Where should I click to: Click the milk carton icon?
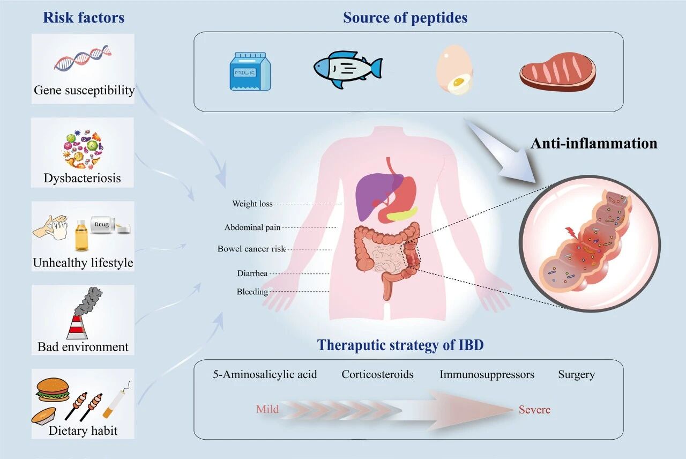(x=250, y=71)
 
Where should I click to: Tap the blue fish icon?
(x=347, y=69)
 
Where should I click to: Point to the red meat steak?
(x=557, y=70)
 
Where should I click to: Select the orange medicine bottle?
(x=81, y=235)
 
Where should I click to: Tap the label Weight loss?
(x=252, y=204)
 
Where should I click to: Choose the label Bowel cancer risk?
(x=251, y=249)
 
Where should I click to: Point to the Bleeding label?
(x=252, y=292)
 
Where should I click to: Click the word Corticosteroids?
(x=377, y=374)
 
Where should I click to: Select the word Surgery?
(x=576, y=374)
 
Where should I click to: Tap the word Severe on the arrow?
(x=534, y=410)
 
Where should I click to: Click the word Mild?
(x=267, y=409)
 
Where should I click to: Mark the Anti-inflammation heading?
(x=594, y=143)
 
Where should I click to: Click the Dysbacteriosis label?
(x=83, y=178)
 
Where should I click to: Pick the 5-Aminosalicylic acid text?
(x=265, y=374)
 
